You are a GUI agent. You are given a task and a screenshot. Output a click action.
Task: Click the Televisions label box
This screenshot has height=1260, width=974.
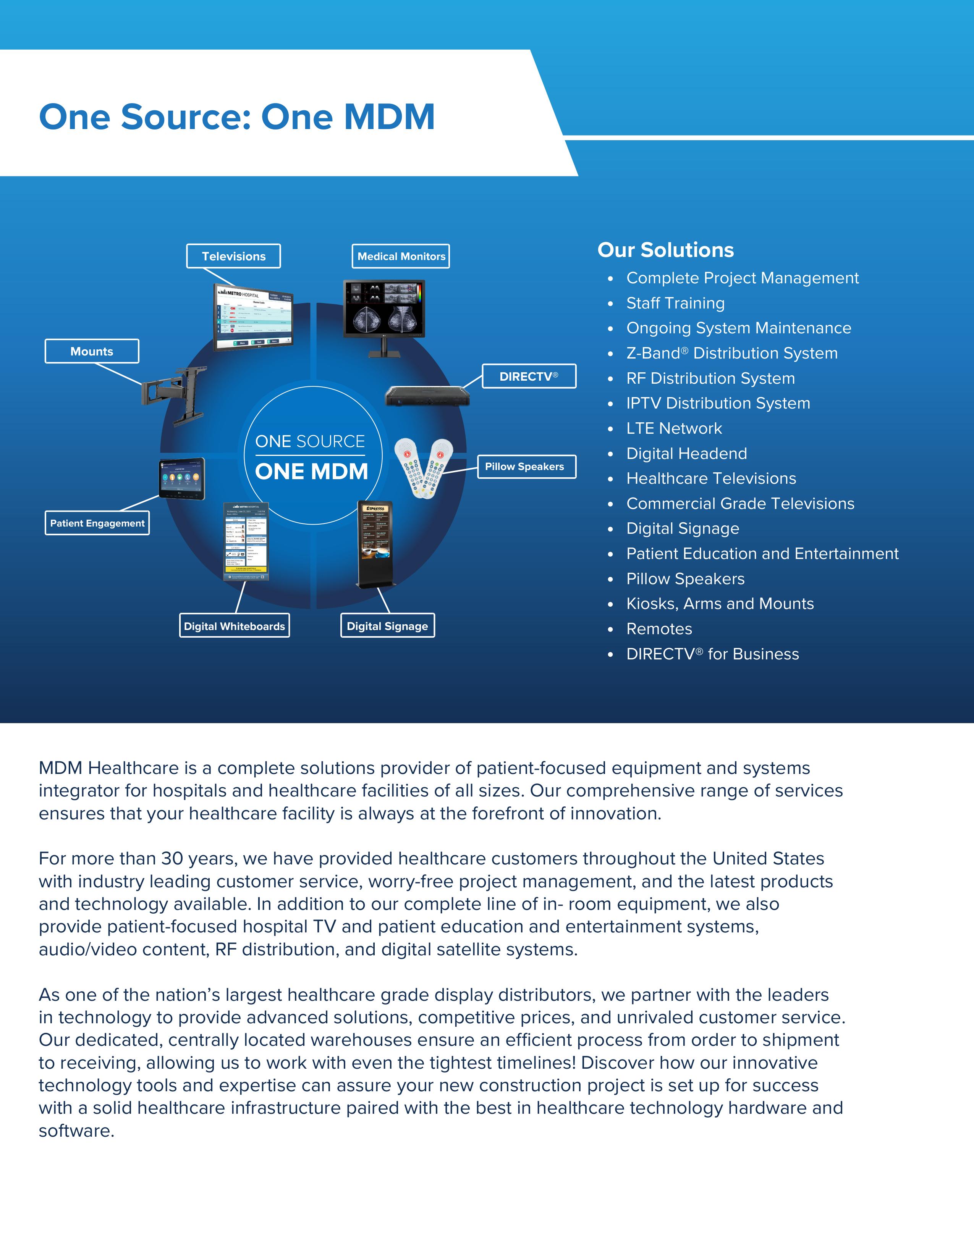[233, 256]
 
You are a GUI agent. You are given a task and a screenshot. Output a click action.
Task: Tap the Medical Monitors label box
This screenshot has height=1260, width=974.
[401, 256]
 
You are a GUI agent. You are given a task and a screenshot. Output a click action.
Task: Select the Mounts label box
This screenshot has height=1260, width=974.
[92, 351]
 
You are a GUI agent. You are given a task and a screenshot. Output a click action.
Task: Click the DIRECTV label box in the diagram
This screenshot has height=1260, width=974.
[529, 376]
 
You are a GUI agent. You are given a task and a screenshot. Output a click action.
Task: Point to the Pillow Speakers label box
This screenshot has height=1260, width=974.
[526, 467]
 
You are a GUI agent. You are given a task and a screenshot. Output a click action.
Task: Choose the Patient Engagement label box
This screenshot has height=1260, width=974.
[97, 523]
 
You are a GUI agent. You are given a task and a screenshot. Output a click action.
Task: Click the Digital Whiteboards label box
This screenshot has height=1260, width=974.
[234, 626]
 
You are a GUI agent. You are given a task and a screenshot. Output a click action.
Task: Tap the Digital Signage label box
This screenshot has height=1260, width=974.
[387, 626]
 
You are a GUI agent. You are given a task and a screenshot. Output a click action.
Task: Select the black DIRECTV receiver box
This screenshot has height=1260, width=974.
[427, 396]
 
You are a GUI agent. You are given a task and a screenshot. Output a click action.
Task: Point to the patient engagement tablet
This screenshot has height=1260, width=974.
[182, 478]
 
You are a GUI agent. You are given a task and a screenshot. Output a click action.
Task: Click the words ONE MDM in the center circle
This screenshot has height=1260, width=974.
[312, 471]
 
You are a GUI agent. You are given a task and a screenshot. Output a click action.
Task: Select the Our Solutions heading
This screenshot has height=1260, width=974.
[665, 250]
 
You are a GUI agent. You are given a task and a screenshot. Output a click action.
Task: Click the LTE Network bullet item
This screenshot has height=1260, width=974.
[674, 428]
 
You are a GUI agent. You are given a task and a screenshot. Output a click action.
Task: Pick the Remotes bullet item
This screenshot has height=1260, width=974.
[659, 629]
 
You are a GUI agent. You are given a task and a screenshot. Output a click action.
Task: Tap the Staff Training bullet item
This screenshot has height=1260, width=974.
[675, 303]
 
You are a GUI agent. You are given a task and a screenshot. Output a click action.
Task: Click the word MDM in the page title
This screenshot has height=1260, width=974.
[389, 117]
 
